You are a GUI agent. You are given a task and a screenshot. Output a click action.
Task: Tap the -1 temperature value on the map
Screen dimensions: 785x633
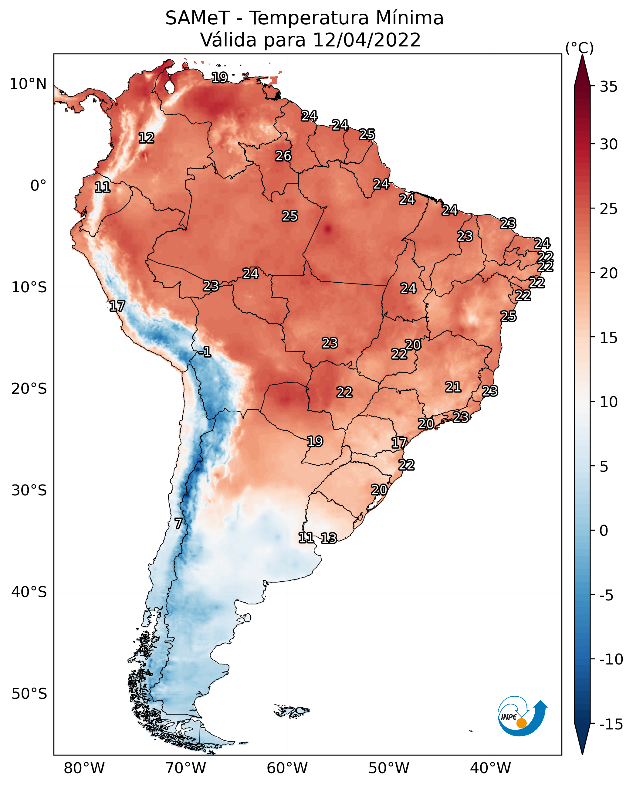[205, 352]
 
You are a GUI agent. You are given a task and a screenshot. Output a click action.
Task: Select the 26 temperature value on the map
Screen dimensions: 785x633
[283, 156]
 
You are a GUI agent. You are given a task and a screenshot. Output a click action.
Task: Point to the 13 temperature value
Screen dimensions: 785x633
[329, 538]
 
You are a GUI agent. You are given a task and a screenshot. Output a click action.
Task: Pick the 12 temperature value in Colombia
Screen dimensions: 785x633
[147, 138]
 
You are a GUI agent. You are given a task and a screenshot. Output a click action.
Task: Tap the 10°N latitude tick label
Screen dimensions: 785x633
[29, 84]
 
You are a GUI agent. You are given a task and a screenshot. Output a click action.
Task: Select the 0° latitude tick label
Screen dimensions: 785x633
[38, 186]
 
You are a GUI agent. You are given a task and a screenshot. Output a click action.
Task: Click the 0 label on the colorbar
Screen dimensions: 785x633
[604, 530]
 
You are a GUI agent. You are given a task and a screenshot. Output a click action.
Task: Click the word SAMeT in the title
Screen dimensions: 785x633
[198, 18]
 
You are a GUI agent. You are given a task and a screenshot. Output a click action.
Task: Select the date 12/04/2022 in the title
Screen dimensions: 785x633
[367, 40]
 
